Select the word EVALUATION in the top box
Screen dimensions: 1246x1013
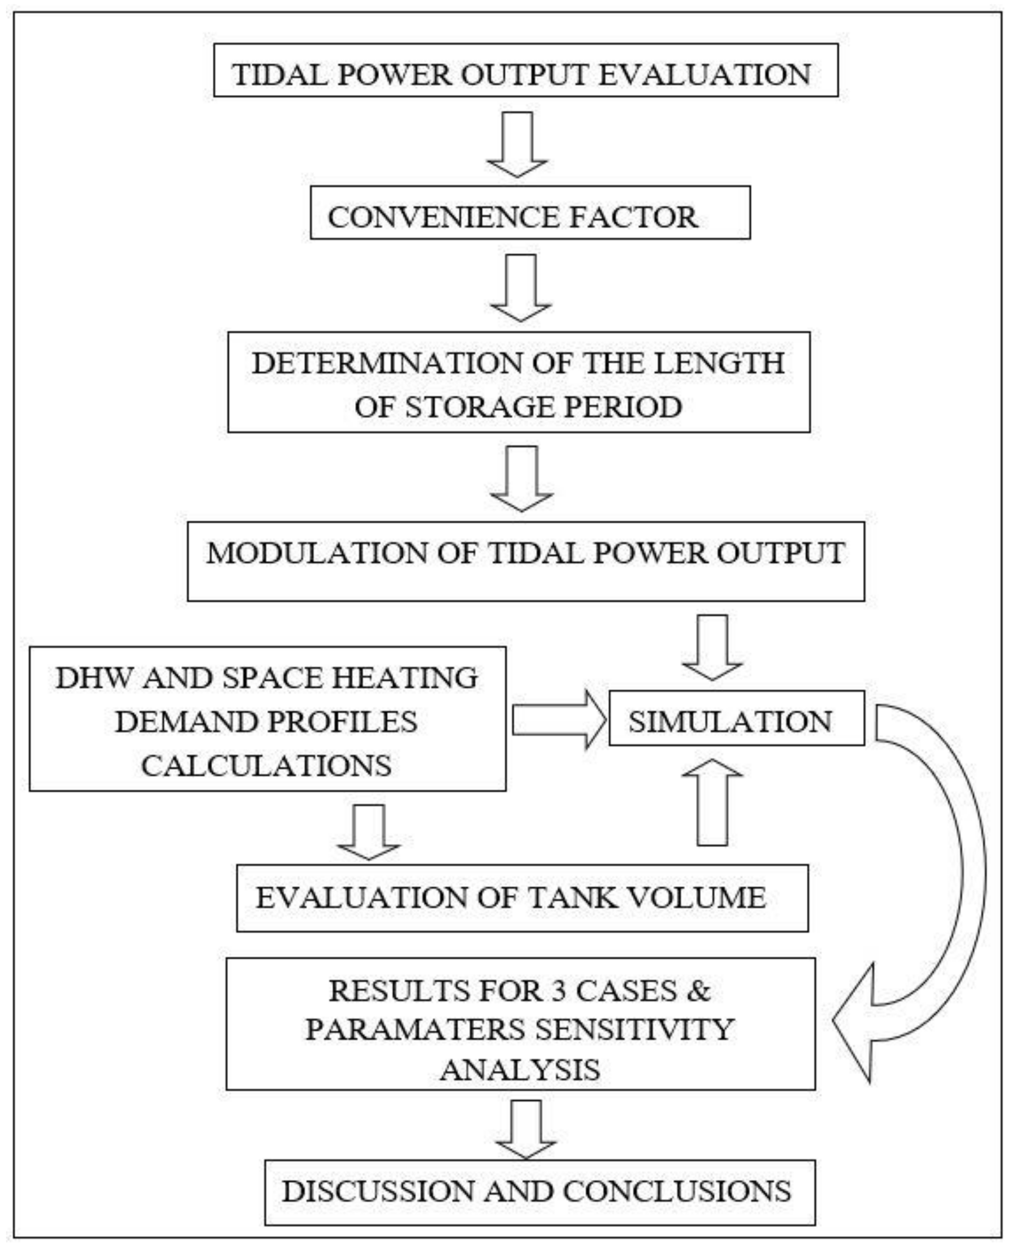[704, 75]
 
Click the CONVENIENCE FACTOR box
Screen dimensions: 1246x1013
[530, 213]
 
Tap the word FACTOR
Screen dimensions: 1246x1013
[633, 217]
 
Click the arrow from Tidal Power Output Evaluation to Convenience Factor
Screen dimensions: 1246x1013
[518, 143]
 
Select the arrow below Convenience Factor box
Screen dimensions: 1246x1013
[520, 287]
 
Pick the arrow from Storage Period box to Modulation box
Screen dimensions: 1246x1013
[521, 478]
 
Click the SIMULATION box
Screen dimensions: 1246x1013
[736, 718]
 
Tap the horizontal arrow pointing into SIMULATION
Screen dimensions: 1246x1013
[559, 719]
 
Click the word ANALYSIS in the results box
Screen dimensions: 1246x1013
[520, 1069]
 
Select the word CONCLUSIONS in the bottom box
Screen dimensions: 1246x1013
[677, 1191]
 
